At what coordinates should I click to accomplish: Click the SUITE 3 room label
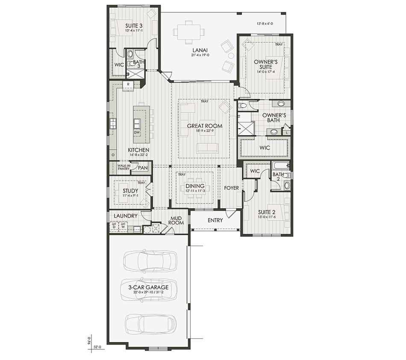tap(134, 26)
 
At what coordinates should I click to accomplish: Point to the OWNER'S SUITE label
tap(266, 64)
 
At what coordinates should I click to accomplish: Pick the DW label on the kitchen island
tap(137, 133)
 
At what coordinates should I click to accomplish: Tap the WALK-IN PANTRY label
tap(124, 167)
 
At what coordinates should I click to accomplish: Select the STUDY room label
tap(129, 191)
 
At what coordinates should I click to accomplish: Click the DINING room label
tap(195, 186)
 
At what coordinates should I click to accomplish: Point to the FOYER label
tap(231, 188)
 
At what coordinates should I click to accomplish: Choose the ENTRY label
tap(215, 220)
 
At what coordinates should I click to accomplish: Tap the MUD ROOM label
tap(177, 220)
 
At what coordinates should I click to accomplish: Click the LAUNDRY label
tap(126, 216)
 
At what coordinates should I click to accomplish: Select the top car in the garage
tap(150, 260)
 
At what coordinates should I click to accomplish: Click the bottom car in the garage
tap(150, 324)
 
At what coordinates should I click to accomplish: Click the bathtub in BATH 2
tap(281, 166)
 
